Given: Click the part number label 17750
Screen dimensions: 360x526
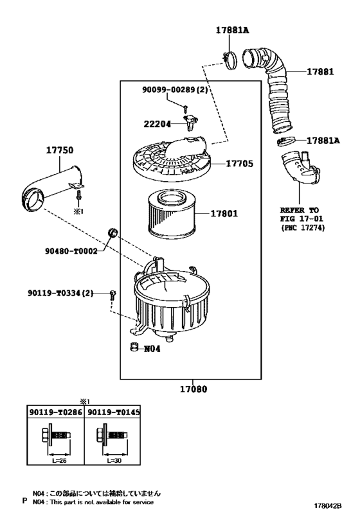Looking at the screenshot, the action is point(59,150).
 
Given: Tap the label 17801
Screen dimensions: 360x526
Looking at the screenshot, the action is point(224,213).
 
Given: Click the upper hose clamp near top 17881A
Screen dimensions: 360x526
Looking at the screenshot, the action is point(230,61).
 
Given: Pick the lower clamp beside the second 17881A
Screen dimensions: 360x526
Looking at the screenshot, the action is point(287,141).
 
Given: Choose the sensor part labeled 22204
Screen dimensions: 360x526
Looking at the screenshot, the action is point(190,122).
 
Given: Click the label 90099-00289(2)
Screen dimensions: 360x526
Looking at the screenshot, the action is point(175,89).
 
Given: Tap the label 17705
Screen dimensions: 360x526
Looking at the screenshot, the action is point(239,164).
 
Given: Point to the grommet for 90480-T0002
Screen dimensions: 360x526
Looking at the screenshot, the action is point(113,232).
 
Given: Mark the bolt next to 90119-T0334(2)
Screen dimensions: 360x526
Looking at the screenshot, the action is point(113,295).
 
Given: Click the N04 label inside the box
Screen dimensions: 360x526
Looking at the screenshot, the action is point(152,349).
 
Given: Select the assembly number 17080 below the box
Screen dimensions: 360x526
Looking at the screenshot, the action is point(194,389).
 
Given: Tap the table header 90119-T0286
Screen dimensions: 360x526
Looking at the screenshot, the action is point(55,412).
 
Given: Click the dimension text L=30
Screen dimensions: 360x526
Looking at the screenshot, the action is point(114,461).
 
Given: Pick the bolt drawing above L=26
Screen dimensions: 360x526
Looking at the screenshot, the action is point(56,435).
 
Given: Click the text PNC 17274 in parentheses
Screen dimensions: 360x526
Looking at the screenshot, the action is point(303,228).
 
